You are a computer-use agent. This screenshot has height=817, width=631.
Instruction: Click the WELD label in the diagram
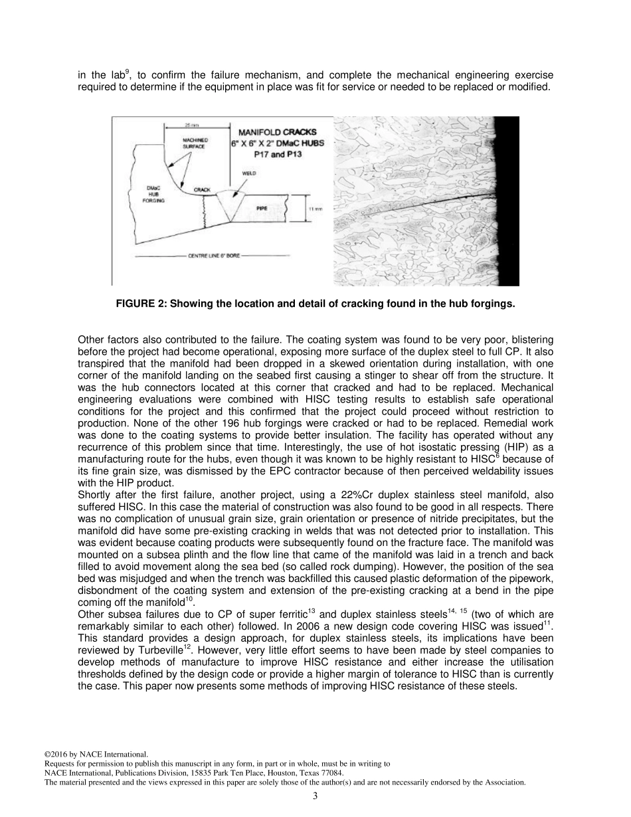(x=246, y=174)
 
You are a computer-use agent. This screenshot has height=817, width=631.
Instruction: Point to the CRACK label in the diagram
(x=202, y=190)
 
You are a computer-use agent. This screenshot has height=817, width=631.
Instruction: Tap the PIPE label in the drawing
(x=262, y=208)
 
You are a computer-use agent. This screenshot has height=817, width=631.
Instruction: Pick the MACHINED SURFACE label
(x=195, y=143)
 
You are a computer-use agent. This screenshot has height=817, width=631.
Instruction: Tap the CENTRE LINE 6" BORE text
(x=213, y=254)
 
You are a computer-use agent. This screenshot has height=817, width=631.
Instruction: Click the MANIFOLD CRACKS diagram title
(x=277, y=132)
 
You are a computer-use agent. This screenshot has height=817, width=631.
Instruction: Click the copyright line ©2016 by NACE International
(x=86, y=754)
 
